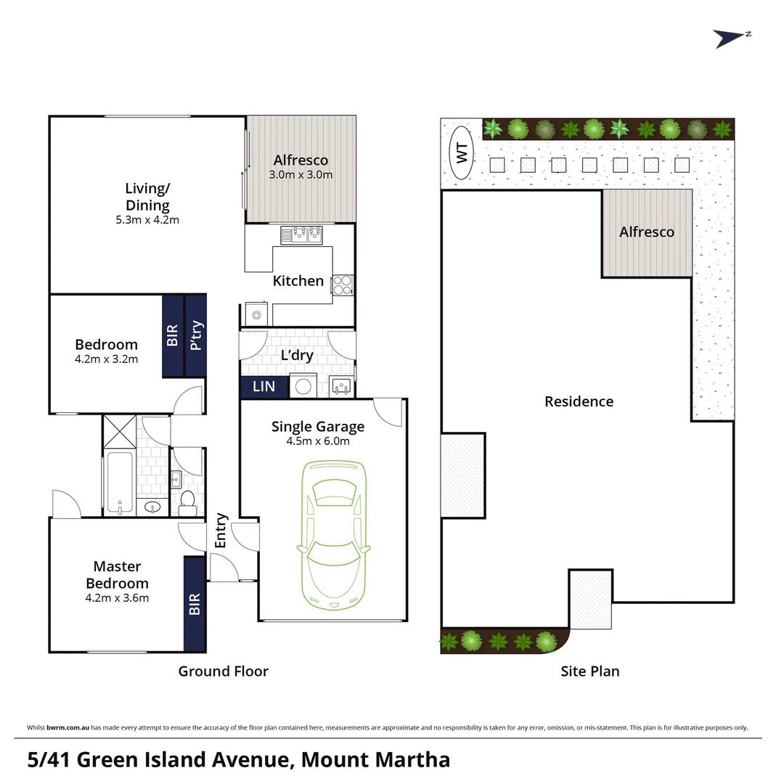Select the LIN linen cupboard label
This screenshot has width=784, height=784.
(x=264, y=386)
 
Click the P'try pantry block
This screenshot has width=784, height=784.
(x=196, y=335)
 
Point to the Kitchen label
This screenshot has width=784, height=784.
(x=298, y=281)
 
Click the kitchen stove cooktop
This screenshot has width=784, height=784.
(x=343, y=285)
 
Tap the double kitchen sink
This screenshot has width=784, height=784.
(x=301, y=234)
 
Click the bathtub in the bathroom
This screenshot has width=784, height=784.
(x=120, y=482)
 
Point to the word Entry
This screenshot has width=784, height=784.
(x=221, y=531)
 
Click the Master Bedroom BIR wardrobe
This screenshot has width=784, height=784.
(x=195, y=604)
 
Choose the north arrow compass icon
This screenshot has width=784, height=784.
(x=730, y=38)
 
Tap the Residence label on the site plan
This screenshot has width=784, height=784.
(x=579, y=401)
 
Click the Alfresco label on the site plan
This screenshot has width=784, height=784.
(x=646, y=232)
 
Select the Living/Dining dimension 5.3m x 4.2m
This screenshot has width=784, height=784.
(x=147, y=219)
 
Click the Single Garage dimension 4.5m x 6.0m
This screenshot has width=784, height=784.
(x=317, y=441)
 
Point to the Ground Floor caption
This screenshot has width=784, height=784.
(x=223, y=671)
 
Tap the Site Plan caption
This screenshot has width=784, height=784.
(x=589, y=671)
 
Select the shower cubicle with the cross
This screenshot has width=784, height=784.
(x=119, y=431)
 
